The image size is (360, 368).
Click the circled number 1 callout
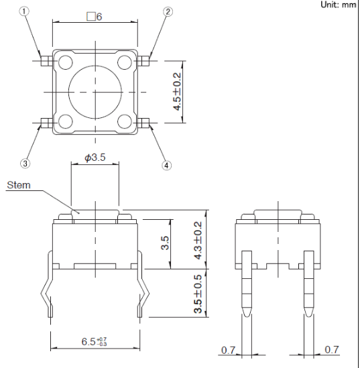(24, 11)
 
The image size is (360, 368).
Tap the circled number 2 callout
(168, 11)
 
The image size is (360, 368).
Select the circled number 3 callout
(25, 164)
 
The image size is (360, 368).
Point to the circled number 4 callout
(166, 166)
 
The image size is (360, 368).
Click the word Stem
(19, 185)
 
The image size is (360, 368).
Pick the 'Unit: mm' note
(338, 5)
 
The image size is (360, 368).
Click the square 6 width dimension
(95, 17)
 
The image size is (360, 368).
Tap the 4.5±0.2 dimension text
(177, 92)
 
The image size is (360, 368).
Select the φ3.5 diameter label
(95, 158)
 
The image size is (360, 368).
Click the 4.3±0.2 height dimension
(198, 241)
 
